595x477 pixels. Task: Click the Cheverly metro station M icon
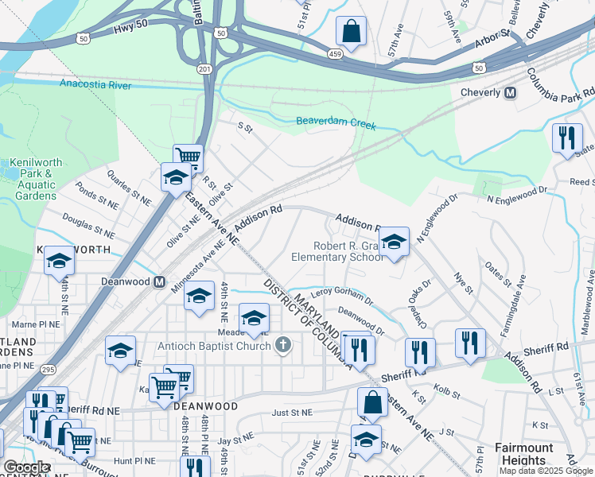510,92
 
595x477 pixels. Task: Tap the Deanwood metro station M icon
159,281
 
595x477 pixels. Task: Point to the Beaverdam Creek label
336,122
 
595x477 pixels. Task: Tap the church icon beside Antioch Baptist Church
282,343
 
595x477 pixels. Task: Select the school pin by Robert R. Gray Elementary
393,242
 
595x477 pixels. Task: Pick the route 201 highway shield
204,69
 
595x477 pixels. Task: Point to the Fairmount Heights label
523,454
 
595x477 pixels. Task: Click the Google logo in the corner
27,467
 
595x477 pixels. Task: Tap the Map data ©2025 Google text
545,471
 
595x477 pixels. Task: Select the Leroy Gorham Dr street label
342,297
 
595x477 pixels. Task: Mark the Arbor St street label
493,36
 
